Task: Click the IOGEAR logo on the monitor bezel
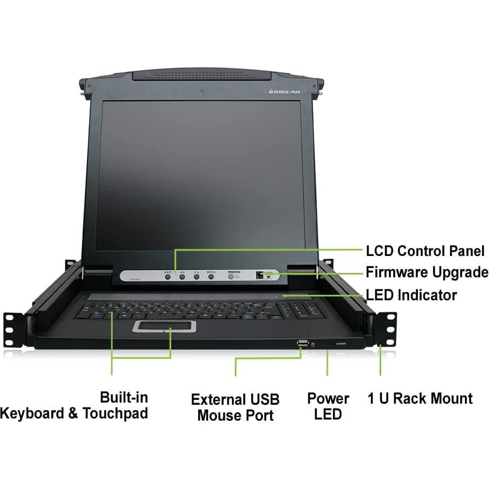284,91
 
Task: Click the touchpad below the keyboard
164,327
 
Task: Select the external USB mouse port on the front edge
302,344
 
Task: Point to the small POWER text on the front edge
340,344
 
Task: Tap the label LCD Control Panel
425,251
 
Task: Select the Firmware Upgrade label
427,272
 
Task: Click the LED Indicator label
411,295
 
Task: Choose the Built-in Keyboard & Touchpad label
74,405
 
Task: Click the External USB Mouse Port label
235,407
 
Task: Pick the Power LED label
328,406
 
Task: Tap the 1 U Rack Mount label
420,398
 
